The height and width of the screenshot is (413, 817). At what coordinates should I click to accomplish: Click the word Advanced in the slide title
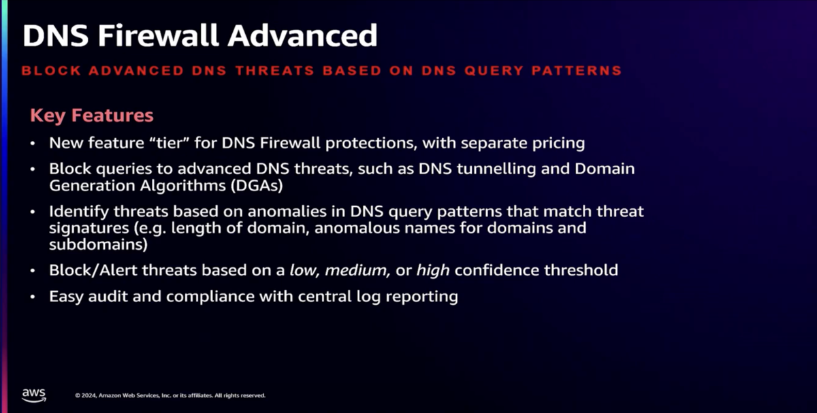coord(302,35)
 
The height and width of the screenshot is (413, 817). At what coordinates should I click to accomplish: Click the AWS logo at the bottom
coord(34,395)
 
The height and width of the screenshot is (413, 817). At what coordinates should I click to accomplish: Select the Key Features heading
coord(92,116)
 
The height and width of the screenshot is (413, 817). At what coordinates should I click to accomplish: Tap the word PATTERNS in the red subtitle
coord(577,70)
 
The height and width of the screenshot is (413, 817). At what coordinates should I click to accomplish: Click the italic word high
coord(433,271)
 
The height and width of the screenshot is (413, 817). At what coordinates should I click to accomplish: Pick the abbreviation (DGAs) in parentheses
coord(257,186)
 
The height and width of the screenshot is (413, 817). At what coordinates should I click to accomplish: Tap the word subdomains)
coord(99,244)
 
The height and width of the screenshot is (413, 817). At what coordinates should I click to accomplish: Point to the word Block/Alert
coord(93,270)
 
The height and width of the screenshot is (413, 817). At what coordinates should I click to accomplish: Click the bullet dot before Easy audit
coord(33,297)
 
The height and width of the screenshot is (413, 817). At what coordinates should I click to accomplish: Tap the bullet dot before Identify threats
coord(33,212)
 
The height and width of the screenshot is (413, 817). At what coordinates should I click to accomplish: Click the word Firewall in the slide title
coord(158,35)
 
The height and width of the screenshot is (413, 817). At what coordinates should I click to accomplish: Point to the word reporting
coord(421,297)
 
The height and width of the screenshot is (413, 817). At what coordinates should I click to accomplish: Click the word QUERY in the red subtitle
coord(494,70)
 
